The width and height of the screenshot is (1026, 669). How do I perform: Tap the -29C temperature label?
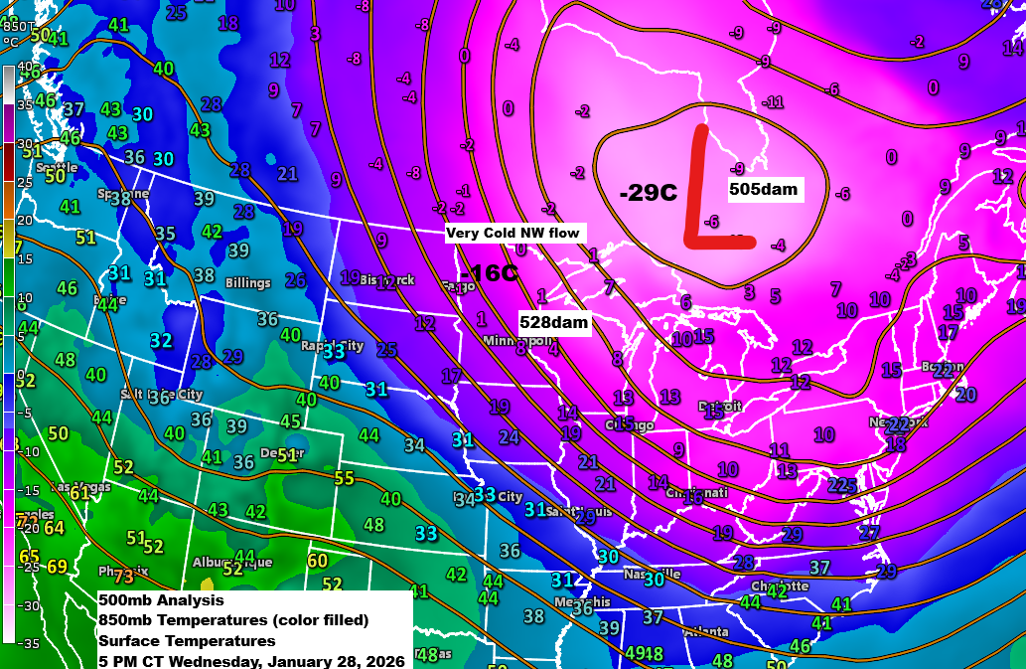[648, 193]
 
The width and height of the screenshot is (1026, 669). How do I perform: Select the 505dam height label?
[763, 189]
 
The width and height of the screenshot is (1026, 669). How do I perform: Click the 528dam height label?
[554, 322]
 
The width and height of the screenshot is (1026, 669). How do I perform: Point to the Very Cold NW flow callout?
[514, 234]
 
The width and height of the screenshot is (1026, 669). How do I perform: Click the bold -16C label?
[489, 273]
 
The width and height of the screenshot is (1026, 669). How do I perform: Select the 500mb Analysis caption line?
[161, 600]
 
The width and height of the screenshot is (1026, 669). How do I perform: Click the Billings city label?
[247, 283]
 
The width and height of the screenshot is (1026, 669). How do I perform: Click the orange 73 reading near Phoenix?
[123, 576]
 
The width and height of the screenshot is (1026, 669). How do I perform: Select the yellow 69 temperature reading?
[57, 568]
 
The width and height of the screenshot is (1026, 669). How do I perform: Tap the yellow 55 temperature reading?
[344, 478]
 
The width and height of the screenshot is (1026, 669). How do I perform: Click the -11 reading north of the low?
[773, 102]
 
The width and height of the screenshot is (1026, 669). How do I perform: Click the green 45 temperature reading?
[290, 421]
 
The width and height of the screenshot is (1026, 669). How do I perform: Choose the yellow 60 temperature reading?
[317, 562]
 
